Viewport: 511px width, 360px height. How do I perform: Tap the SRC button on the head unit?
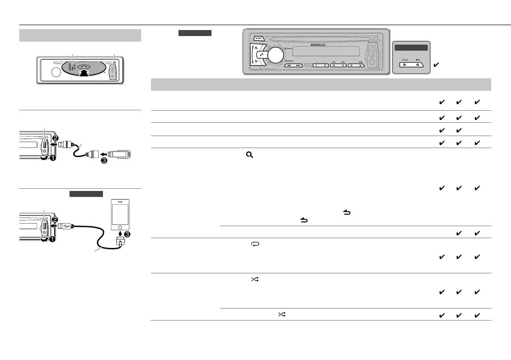coord(258,38)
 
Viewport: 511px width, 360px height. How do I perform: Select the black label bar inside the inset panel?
coord(411,48)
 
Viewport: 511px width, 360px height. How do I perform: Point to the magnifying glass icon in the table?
coord(248,158)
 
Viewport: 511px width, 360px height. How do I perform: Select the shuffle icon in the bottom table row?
coord(281,315)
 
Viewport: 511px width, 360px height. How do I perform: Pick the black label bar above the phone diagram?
coord(86,194)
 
